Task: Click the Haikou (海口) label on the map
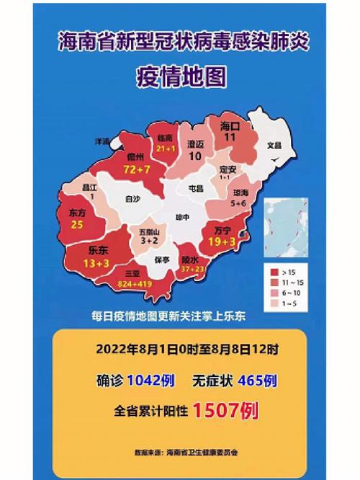[x=230, y=125]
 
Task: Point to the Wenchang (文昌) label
[x=274, y=145]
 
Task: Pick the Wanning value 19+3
[x=222, y=242]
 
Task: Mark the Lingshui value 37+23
[x=192, y=269]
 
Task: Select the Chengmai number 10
[x=195, y=156]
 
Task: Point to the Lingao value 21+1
[x=165, y=148]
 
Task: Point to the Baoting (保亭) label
[x=162, y=259]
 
